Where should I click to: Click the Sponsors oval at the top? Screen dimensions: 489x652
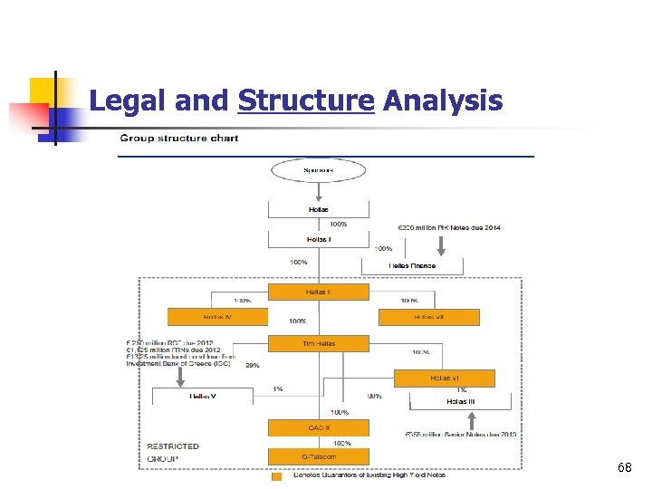click(x=318, y=170)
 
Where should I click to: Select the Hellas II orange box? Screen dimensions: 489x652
click(x=318, y=292)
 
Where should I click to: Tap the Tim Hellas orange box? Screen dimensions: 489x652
click(x=318, y=343)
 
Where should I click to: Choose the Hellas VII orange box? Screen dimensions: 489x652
click(x=429, y=316)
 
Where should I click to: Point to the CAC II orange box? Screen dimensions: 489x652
click(x=318, y=427)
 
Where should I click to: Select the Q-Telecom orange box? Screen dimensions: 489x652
click(x=318, y=456)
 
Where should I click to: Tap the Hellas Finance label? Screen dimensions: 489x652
click(x=412, y=265)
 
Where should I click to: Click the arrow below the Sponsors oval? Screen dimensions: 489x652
click(x=318, y=192)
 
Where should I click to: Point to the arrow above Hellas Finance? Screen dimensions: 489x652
click(x=441, y=244)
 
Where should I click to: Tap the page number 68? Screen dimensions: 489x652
click(x=624, y=467)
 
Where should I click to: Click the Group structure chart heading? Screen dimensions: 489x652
click(x=179, y=139)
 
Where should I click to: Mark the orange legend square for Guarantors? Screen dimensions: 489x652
click(x=276, y=475)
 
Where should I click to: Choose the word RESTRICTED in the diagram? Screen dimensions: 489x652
click(x=172, y=446)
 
